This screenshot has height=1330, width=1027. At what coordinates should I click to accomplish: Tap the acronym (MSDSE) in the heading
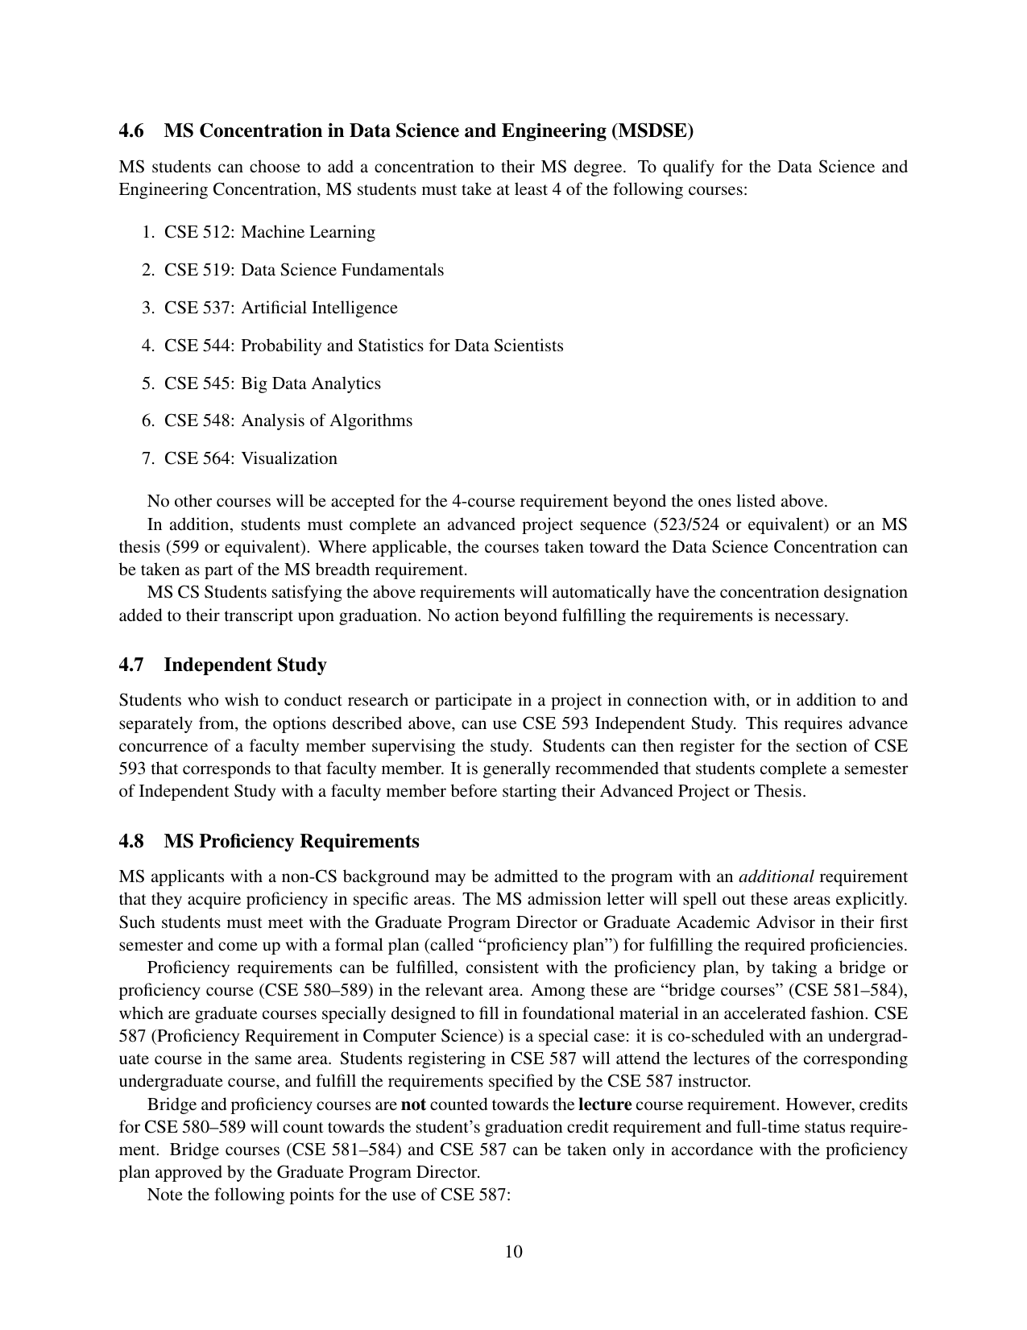(652, 131)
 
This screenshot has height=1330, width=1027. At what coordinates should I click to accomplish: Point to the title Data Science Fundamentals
(342, 270)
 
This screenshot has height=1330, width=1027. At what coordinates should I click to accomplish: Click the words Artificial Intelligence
(319, 308)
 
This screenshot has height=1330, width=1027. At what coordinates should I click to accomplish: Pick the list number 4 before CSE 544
(147, 346)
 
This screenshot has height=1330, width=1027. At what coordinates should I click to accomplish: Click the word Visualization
(289, 458)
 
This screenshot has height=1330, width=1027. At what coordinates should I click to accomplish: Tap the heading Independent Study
(245, 665)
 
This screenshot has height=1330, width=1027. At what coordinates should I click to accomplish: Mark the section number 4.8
(132, 841)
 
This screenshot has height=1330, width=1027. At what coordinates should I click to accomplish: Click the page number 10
(513, 1251)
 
